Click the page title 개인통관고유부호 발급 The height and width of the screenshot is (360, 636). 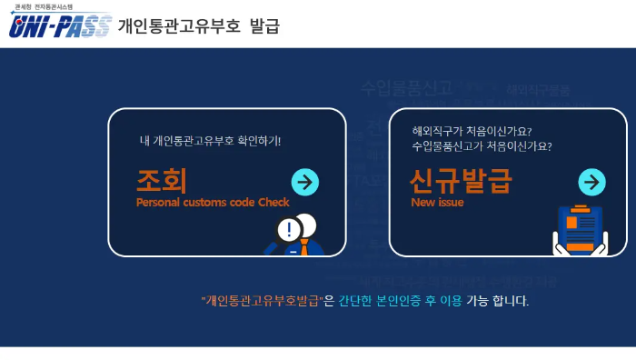tap(198, 25)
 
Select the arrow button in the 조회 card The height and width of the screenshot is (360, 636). tap(304, 182)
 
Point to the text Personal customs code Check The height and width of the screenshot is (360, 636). tap(213, 202)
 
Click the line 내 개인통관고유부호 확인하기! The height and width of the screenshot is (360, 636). tap(210, 141)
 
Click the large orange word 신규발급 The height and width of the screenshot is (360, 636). tap(461, 182)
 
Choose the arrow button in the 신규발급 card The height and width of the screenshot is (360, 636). tap(591, 182)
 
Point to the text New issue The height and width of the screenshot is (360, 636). tap(437, 202)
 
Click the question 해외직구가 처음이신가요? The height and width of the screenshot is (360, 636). tap(472, 130)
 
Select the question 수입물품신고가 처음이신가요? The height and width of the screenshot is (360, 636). tap(482, 145)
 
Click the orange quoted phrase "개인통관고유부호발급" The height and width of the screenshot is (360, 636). tap(262, 301)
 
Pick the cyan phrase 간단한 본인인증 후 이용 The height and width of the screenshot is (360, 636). tap(400, 301)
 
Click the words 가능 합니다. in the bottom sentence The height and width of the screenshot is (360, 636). tap(497, 301)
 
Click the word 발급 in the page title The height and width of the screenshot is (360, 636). tap(263, 25)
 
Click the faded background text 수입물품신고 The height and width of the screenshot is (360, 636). tap(406, 88)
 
